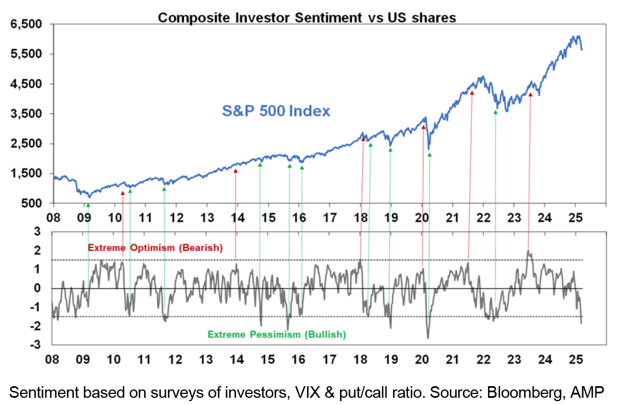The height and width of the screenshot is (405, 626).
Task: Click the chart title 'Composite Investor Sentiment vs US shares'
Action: (307, 18)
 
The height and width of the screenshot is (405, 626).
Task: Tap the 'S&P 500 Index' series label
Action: (276, 111)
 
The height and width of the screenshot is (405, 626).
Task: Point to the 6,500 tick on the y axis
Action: (26, 24)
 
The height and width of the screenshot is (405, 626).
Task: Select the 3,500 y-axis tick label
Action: (26, 114)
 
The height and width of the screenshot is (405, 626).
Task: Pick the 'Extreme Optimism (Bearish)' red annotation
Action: (155, 248)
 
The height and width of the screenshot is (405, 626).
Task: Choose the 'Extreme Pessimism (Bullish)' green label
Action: (277, 335)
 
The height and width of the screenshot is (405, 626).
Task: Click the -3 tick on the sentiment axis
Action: (35, 345)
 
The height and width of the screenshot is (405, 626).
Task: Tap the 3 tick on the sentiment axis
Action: (37, 232)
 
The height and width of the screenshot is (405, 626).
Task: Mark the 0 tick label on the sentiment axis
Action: (37, 288)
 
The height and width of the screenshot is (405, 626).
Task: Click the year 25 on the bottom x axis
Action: (576, 360)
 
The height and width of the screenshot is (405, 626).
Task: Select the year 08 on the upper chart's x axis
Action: (53, 218)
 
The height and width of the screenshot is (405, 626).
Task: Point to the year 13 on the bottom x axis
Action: (206, 360)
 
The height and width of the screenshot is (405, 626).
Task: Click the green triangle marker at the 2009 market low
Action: (88, 205)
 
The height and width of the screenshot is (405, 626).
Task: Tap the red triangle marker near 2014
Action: (236, 171)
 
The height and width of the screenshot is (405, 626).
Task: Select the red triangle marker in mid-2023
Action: (530, 95)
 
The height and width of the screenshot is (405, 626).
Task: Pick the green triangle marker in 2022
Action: (496, 112)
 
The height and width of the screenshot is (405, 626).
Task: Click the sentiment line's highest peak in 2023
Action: (528, 250)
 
